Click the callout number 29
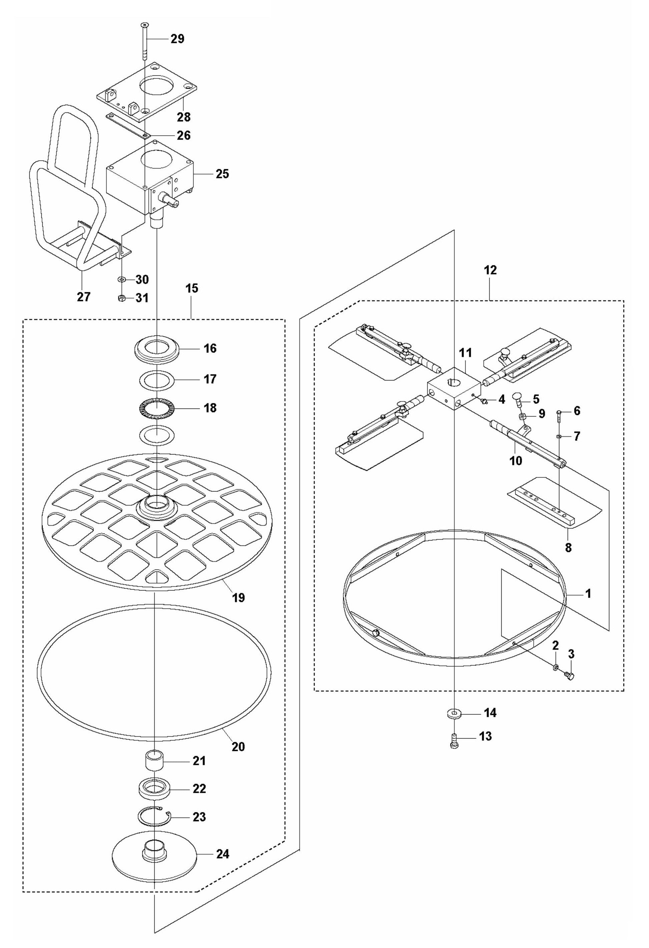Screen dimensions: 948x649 [x=177, y=39]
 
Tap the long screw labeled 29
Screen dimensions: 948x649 [x=144, y=41]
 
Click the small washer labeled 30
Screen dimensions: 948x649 [x=121, y=280]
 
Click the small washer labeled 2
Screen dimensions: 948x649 [x=555, y=668]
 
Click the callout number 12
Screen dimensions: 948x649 [x=490, y=270]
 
